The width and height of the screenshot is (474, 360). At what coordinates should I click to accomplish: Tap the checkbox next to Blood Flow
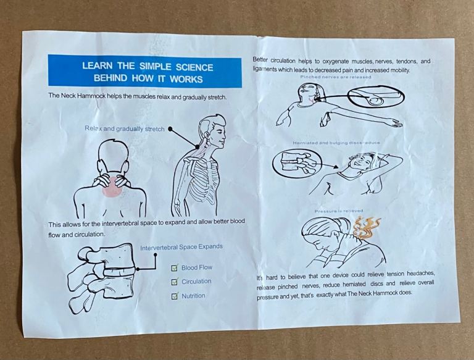point(175,268)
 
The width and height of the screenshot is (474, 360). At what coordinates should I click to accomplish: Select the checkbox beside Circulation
point(175,282)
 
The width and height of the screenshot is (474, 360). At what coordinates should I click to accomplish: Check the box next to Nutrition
point(175,296)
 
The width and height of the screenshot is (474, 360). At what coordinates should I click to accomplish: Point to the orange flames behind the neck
point(367,228)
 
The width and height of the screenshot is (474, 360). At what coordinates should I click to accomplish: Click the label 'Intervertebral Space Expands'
point(181,247)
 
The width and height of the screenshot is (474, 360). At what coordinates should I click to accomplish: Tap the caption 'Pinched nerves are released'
point(336,77)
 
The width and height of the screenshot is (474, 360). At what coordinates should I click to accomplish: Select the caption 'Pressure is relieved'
point(339,211)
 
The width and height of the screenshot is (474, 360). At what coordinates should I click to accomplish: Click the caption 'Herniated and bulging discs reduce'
point(336,143)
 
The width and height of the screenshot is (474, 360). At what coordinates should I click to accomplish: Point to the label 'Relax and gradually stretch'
point(125,128)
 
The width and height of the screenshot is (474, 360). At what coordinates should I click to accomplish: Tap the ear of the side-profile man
point(207,135)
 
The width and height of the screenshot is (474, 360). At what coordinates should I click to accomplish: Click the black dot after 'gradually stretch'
point(170,129)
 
